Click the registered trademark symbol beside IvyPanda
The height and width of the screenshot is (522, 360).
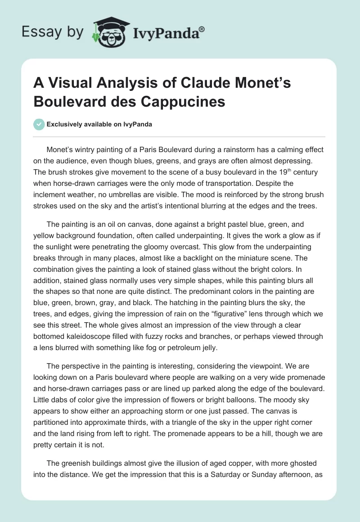click(202, 29)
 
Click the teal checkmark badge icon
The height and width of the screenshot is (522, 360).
click(40, 124)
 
